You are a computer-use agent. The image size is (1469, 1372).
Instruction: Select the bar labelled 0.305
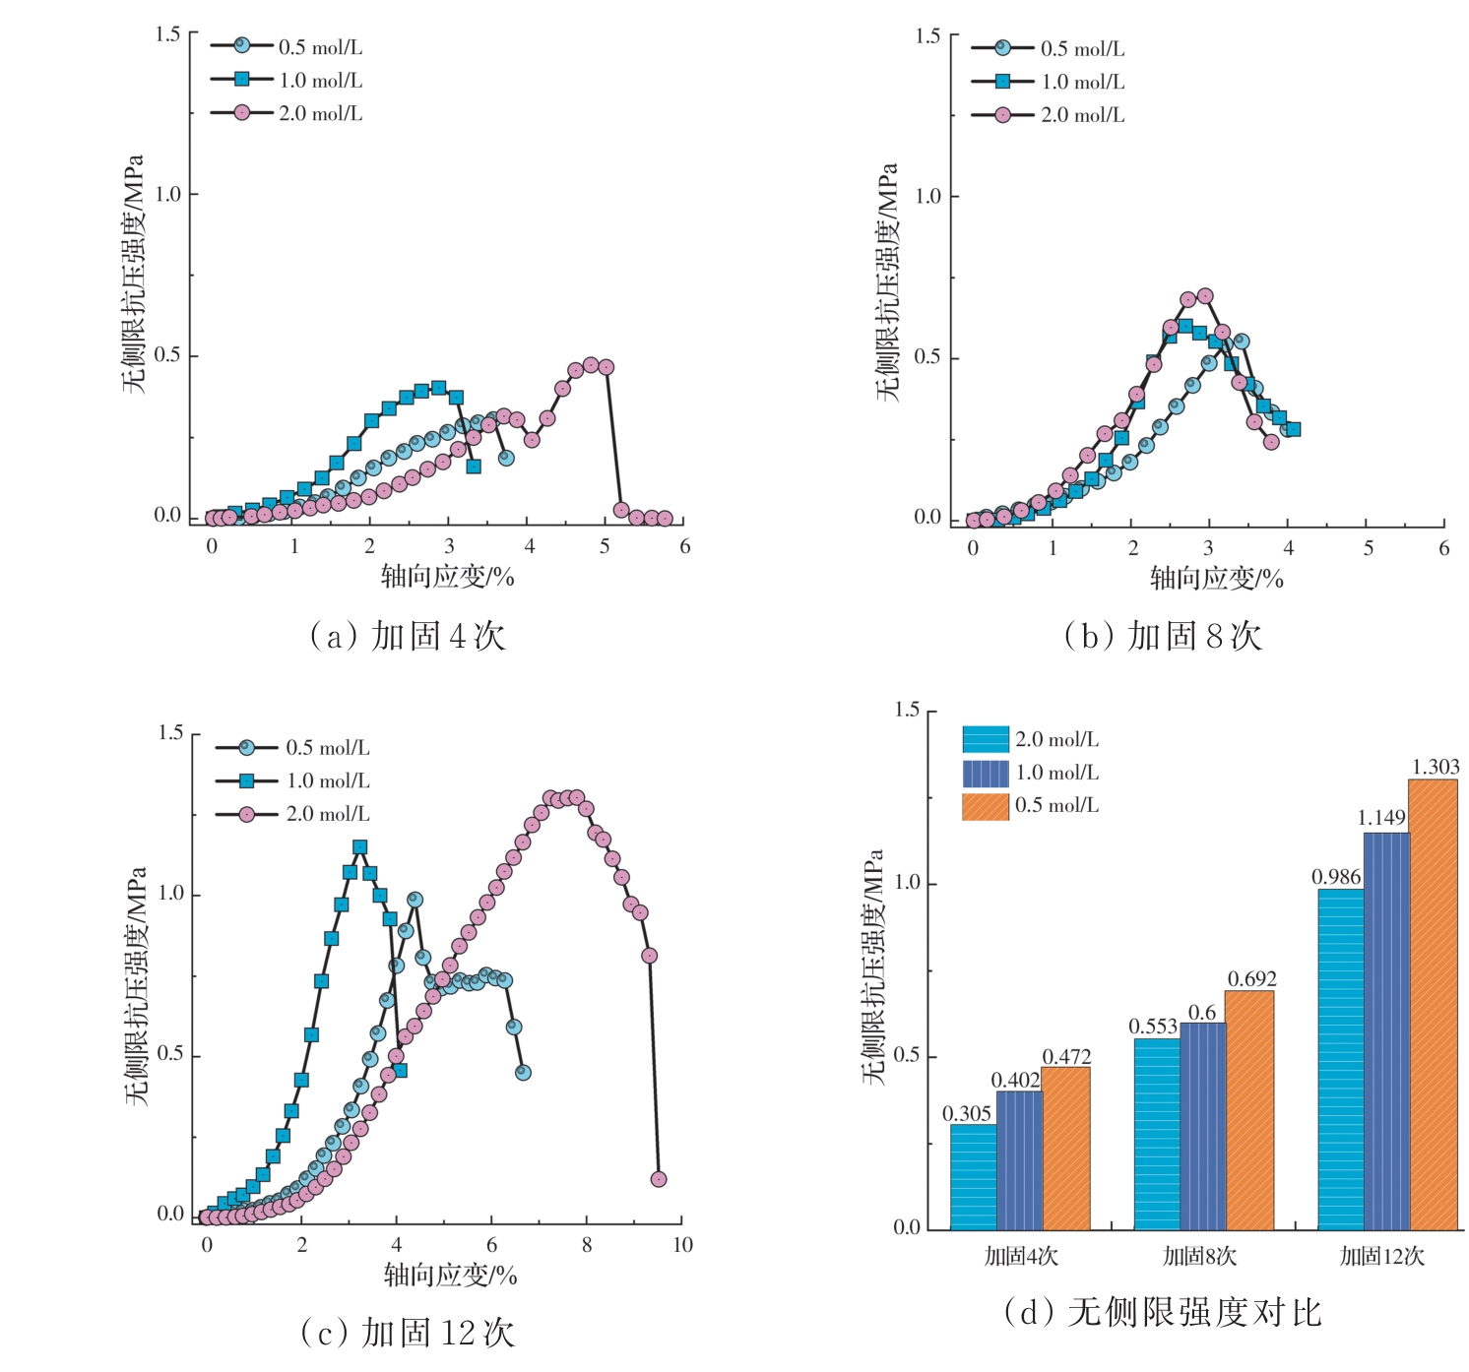point(973,1176)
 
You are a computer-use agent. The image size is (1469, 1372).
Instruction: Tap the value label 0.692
point(1251,979)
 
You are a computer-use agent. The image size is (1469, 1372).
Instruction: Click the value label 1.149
point(1381,818)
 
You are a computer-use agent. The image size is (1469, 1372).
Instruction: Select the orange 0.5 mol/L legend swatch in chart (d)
point(985,806)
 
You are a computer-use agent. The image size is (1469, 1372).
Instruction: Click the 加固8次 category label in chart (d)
point(1199,1256)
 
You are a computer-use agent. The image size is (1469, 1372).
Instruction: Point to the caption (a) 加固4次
point(408,636)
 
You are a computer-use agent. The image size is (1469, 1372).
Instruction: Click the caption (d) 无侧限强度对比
point(1162,1312)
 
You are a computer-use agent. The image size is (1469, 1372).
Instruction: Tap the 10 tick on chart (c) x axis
point(682,1245)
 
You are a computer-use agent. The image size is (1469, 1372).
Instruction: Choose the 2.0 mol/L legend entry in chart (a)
point(287,113)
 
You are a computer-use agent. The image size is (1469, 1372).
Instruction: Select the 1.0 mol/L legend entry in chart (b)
point(1049,82)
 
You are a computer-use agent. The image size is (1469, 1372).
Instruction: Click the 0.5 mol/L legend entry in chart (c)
point(292,748)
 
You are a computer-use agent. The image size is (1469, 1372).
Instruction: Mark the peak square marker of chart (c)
point(360,847)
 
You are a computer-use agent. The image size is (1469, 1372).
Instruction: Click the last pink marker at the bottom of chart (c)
point(659,1179)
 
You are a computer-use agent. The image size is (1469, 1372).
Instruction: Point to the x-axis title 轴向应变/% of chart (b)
point(1216,579)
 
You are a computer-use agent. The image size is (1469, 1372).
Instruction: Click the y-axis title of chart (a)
point(134,274)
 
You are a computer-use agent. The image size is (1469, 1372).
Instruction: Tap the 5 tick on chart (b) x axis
point(1368,548)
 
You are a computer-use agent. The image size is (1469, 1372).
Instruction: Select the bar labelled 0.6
point(1203,1126)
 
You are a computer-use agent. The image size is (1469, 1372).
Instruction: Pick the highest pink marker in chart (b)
point(1204,296)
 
